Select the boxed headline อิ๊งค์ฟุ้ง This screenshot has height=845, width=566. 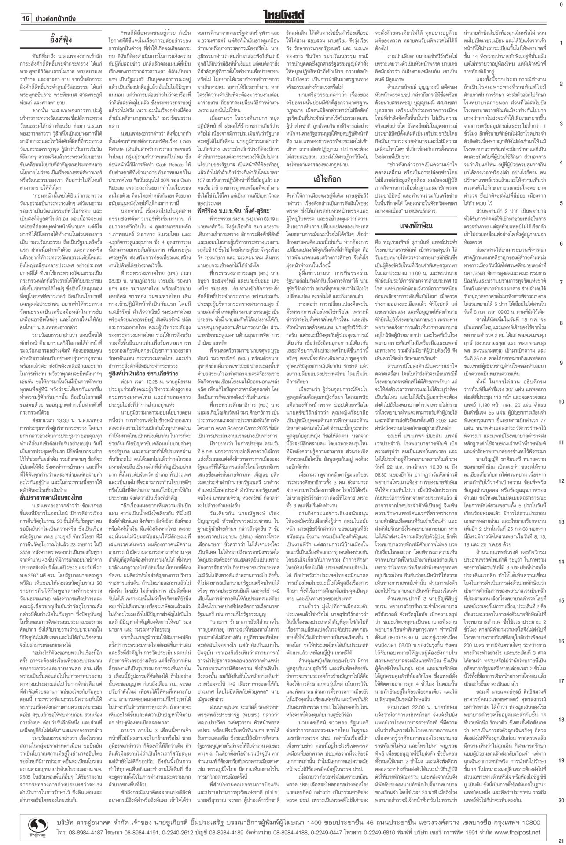coord(61,41)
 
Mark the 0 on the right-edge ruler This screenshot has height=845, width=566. coord(561,4)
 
